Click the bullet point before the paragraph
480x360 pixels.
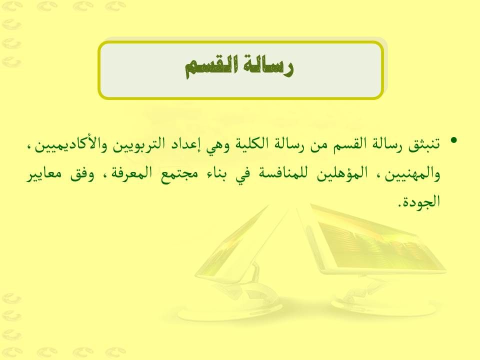coord(453,140)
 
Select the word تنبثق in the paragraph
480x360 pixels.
coord(424,143)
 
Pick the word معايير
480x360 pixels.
coord(43,175)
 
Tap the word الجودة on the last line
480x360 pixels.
coord(421,201)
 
